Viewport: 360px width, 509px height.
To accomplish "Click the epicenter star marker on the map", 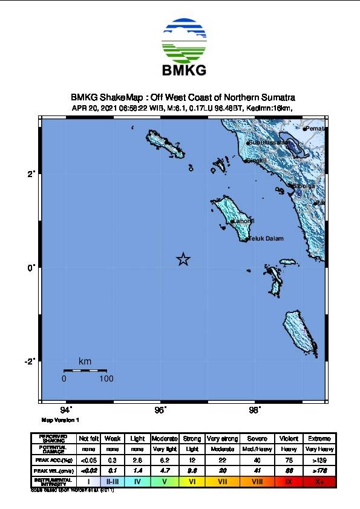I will point(184,259).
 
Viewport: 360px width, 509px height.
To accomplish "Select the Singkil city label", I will point(257,161).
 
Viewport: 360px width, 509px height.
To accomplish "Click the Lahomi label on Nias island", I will point(244,221).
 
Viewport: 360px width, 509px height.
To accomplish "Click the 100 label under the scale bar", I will point(106,379).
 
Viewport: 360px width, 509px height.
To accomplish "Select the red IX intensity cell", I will point(289,481).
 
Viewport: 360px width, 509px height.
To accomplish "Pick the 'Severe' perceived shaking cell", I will point(258,438).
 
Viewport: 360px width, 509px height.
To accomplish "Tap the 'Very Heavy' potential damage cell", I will point(319,449).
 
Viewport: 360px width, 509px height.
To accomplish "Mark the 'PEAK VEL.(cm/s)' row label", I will point(53,471).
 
